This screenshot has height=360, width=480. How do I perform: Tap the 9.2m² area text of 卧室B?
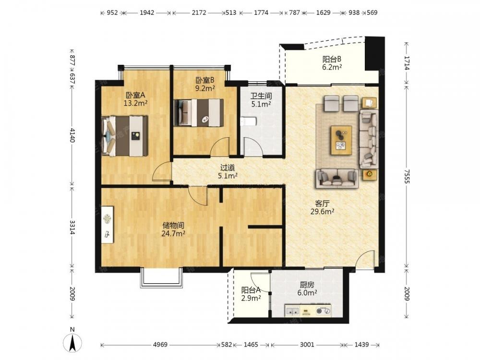pyautogui.click(x=205, y=88)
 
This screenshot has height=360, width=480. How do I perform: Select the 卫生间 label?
pyautogui.click(x=261, y=96)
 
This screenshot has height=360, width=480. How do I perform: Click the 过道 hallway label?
pyautogui.click(x=228, y=168)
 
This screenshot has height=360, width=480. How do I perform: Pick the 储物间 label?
pyautogui.click(x=173, y=226)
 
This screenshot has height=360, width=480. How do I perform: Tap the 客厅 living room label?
pyautogui.click(x=322, y=204)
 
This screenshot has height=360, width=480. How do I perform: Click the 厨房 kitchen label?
pyautogui.click(x=307, y=285)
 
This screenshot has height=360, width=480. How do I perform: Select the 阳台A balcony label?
pyautogui.click(x=251, y=290)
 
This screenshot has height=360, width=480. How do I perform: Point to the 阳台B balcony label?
pyautogui.click(x=332, y=59)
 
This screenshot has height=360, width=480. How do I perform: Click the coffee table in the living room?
pyautogui.click(x=341, y=141)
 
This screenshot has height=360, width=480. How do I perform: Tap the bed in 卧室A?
pyautogui.click(x=124, y=136)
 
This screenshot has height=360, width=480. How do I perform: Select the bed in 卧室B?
pyautogui.click(x=198, y=113)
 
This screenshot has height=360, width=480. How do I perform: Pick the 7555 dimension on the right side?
pyautogui.click(x=407, y=176)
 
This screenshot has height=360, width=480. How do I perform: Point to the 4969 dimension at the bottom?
pyautogui.click(x=160, y=345)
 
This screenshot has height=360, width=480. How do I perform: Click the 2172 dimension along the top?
pyautogui.click(x=199, y=12)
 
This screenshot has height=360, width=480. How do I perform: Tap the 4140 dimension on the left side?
pyautogui.click(x=72, y=135)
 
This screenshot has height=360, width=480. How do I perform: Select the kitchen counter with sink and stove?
pyautogui.click(x=308, y=311)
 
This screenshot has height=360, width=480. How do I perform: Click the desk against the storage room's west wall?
pyautogui.click(x=107, y=225)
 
